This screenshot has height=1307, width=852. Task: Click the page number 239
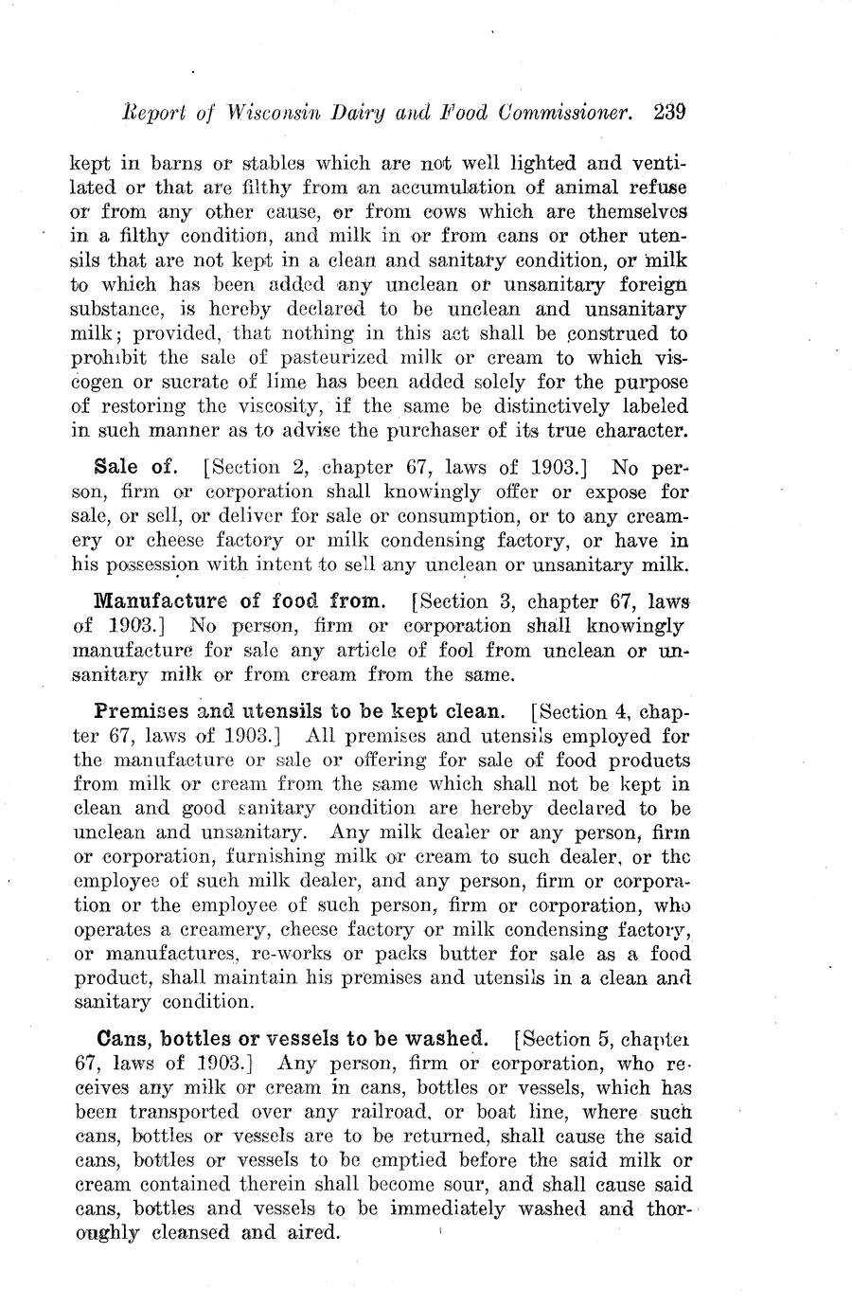pyautogui.click(x=668, y=112)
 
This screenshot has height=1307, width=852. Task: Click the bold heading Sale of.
pyautogui.click(x=131, y=467)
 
